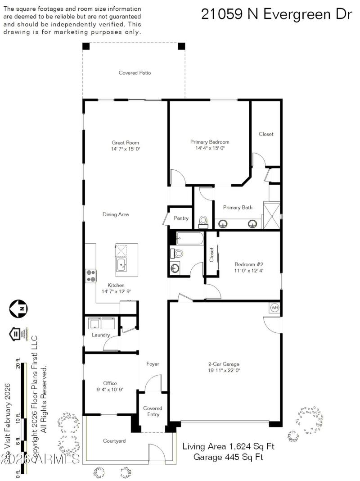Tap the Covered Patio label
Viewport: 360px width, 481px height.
[135, 73]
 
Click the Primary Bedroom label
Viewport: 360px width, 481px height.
[210, 142]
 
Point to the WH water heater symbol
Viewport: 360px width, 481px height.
[274, 308]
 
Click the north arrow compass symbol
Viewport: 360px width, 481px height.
[18, 309]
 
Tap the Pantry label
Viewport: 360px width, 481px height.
[181, 218]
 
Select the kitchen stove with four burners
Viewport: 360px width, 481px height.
[91, 275]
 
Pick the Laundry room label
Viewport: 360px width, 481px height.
[101, 335]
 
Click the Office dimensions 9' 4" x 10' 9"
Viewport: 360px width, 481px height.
[110, 390]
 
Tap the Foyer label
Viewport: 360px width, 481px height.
[153, 364]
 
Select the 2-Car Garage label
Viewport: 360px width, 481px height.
[223, 364]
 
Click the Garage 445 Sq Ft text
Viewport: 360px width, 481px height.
[228, 457]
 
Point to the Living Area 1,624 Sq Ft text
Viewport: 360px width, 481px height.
[228, 446]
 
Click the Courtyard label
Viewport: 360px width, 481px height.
[114, 441]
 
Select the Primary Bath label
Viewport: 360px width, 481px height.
[238, 208]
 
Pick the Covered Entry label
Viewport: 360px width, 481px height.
[153, 411]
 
